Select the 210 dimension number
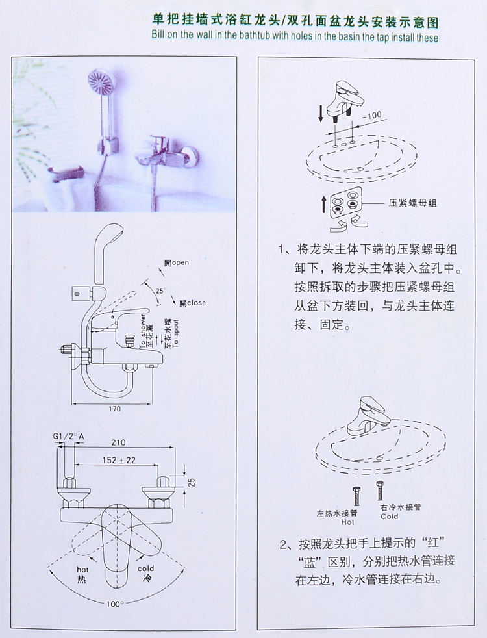pyautogui.click(x=117, y=442)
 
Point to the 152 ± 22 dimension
pyautogui.click(x=118, y=460)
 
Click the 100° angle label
pyautogui.click(x=116, y=604)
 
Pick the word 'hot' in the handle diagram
pyautogui.click(x=81, y=568)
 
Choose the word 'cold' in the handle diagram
pyautogui.click(x=145, y=568)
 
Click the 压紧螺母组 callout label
pyautogui.click(x=412, y=203)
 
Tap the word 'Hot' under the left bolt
pyautogui.click(x=347, y=520)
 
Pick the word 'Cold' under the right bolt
pyautogui.click(x=390, y=517)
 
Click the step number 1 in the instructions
pyautogui.click(x=282, y=249)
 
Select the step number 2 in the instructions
pyautogui.click(x=283, y=544)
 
